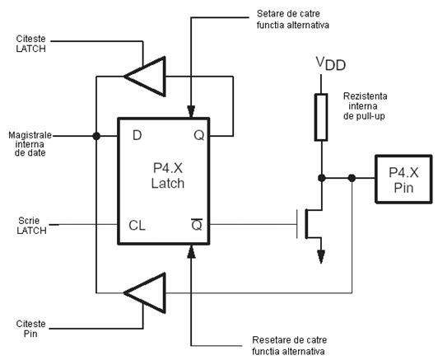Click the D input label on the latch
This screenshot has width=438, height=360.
(x=137, y=136)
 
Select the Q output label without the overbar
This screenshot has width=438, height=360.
(x=199, y=136)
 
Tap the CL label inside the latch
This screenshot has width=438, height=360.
(x=137, y=225)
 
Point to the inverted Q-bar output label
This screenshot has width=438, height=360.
(x=197, y=224)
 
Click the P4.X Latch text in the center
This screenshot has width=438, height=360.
(x=168, y=175)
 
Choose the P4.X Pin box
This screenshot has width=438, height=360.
(x=403, y=179)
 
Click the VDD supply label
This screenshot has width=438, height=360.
(x=331, y=63)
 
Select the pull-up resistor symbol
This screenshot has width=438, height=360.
(x=321, y=117)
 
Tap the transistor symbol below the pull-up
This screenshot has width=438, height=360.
(x=310, y=223)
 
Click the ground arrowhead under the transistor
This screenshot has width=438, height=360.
(x=321, y=256)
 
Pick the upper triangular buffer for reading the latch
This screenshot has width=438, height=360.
(x=145, y=77)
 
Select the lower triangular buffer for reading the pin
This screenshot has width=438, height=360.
(x=145, y=293)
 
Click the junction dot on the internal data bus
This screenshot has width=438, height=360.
(x=96, y=136)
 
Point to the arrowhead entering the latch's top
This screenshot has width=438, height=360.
(x=191, y=111)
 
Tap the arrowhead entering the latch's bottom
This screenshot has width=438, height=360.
(x=191, y=251)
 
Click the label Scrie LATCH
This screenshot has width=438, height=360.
(x=31, y=226)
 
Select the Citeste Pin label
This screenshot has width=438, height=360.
(x=30, y=329)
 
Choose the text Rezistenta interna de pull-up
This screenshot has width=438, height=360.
(x=365, y=106)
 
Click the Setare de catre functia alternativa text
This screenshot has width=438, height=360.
(x=293, y=19)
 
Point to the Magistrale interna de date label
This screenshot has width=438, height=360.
(x=30, y=144)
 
